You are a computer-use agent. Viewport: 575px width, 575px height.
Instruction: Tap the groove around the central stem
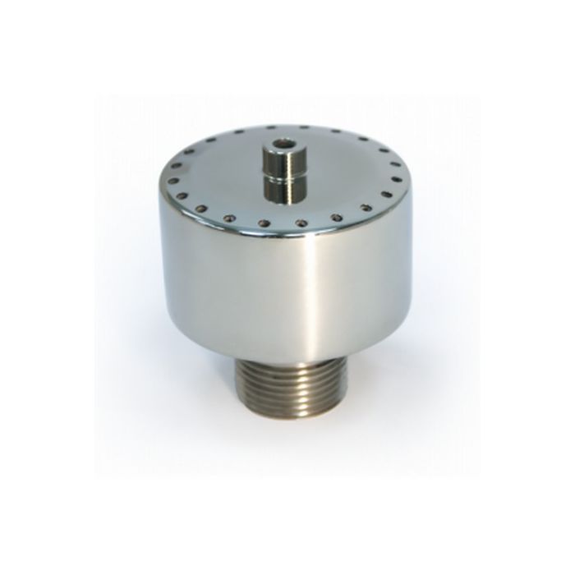coord(282,173)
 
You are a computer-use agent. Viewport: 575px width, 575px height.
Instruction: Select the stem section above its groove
coord(282,159)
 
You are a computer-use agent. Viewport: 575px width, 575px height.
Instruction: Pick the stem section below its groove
coord(282,190)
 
